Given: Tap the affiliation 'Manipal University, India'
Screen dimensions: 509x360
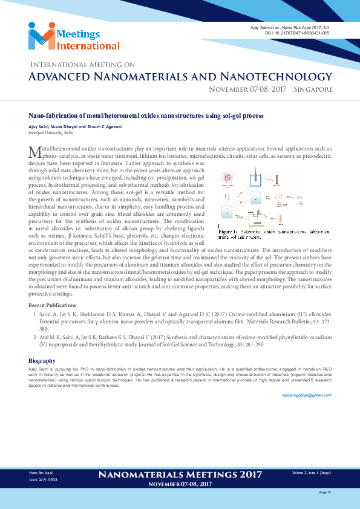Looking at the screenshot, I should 50,132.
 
